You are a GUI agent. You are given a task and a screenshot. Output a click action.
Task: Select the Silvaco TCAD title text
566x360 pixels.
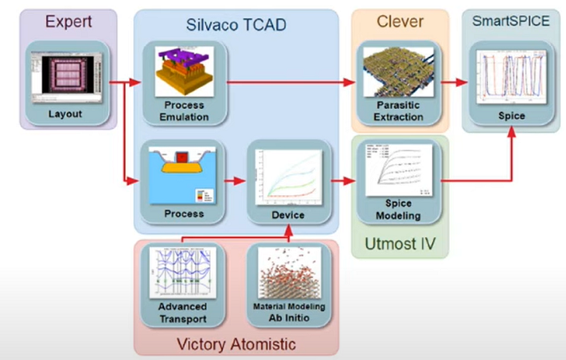(235, 26)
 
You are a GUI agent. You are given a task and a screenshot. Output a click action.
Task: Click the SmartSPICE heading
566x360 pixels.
(512, 22)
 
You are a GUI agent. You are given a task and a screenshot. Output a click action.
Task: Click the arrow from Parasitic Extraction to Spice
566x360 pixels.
(450, 83)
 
